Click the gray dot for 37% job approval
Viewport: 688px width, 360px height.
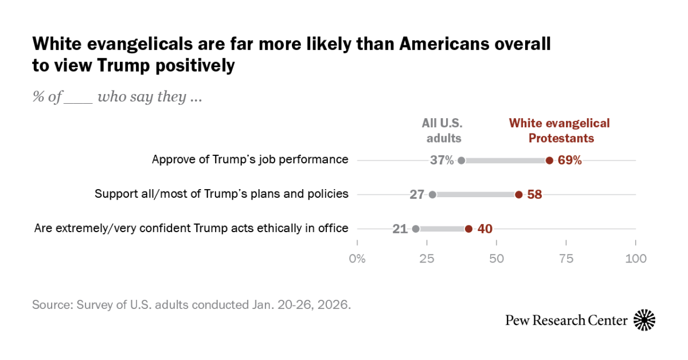(462, 161)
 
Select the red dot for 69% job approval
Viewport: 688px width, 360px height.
(549, 161)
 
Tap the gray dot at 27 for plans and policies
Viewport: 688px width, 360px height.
(432, 194)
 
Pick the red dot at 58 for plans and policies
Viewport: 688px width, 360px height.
(519, 194)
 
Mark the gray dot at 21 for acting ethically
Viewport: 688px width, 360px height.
(416, 229)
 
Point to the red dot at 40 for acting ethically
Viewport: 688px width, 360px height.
(468, 229)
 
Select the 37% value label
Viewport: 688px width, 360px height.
(441, 161)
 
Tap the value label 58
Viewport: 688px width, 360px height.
(534, 194)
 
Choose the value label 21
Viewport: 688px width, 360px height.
(400, 229)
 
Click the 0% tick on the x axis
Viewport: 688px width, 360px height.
(357, 259)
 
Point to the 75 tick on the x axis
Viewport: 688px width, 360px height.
(566, 259)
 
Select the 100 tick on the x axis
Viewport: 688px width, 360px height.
(635, 259)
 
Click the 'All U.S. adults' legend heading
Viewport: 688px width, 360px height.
(441, 131)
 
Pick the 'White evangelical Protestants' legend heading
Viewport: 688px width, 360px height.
(560, 131)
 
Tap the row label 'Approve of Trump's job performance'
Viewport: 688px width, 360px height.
(250, 159)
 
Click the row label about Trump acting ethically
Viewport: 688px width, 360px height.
(191, 228)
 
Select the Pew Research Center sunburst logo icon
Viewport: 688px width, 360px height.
(644, 320)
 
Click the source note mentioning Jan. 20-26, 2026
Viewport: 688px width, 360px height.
(191, 304)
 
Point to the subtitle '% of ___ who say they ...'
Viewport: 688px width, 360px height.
(117, 97)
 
